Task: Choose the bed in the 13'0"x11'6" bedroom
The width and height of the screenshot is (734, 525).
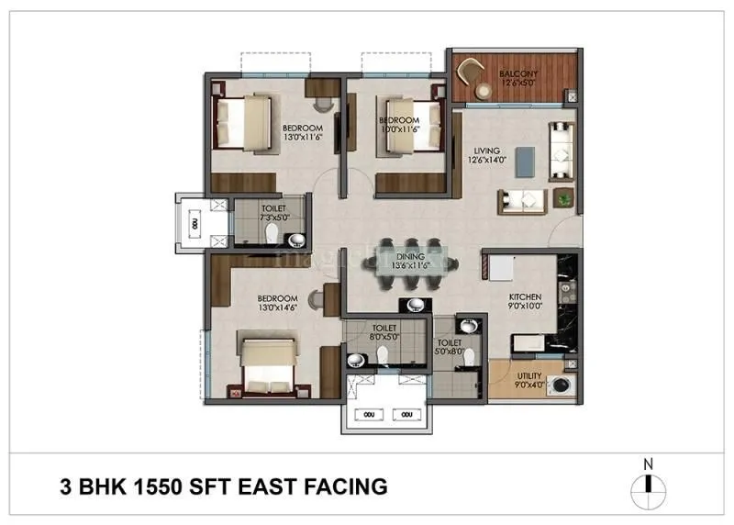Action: [x=239, y=122]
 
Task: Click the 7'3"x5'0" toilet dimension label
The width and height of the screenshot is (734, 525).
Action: [x=273, y=218]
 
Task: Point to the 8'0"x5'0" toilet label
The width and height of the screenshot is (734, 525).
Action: [x=384, y=332]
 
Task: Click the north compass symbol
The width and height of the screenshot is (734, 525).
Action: [x=647, y=486]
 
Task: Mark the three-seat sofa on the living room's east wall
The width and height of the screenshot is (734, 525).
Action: [x=559, y=150]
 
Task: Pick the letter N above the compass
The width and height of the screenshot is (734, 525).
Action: [x=647, y=464]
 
